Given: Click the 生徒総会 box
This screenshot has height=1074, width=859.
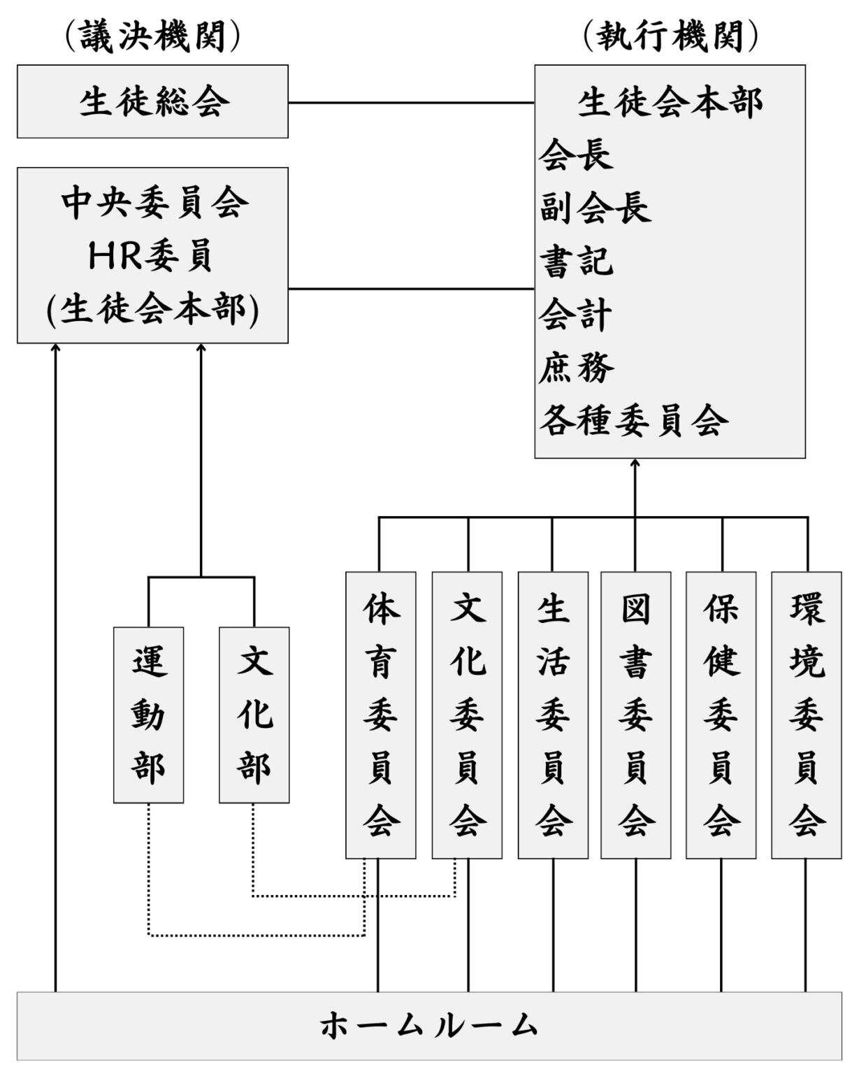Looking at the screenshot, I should [152, 101].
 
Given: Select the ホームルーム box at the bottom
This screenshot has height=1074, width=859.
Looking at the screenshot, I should [429, 1025].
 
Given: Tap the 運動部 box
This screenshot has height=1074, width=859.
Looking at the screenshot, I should [148, 715].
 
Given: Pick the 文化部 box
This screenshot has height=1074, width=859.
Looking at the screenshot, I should [254, 715].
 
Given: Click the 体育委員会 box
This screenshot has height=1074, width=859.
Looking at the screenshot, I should [380, 715].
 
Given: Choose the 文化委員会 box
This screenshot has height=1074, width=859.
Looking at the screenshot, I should [467, 715].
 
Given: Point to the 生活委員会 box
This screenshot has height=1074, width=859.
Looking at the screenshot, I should [552, 715].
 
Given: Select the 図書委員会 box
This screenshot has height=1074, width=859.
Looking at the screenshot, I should [635, 715].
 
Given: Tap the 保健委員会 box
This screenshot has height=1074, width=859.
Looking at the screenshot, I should [721, 715].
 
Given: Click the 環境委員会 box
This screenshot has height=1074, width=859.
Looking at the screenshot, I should [806, 715].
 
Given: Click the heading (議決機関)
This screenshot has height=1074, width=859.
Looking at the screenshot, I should [152, 36].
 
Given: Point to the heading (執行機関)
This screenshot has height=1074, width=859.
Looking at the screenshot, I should [670, 36].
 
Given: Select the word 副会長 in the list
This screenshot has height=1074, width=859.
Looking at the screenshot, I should [595, 208].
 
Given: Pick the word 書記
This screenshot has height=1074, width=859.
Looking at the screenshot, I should [577, 261].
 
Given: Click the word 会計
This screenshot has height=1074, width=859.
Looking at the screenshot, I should [577, 314].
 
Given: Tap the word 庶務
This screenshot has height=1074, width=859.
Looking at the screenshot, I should [577, 367].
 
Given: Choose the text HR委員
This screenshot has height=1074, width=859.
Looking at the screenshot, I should [151, 256].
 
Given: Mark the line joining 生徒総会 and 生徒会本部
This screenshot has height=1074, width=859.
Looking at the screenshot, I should [411, 103].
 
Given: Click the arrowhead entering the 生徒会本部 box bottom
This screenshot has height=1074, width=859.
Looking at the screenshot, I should [635, 464].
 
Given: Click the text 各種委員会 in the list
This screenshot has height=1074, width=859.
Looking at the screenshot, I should [633, 421].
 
